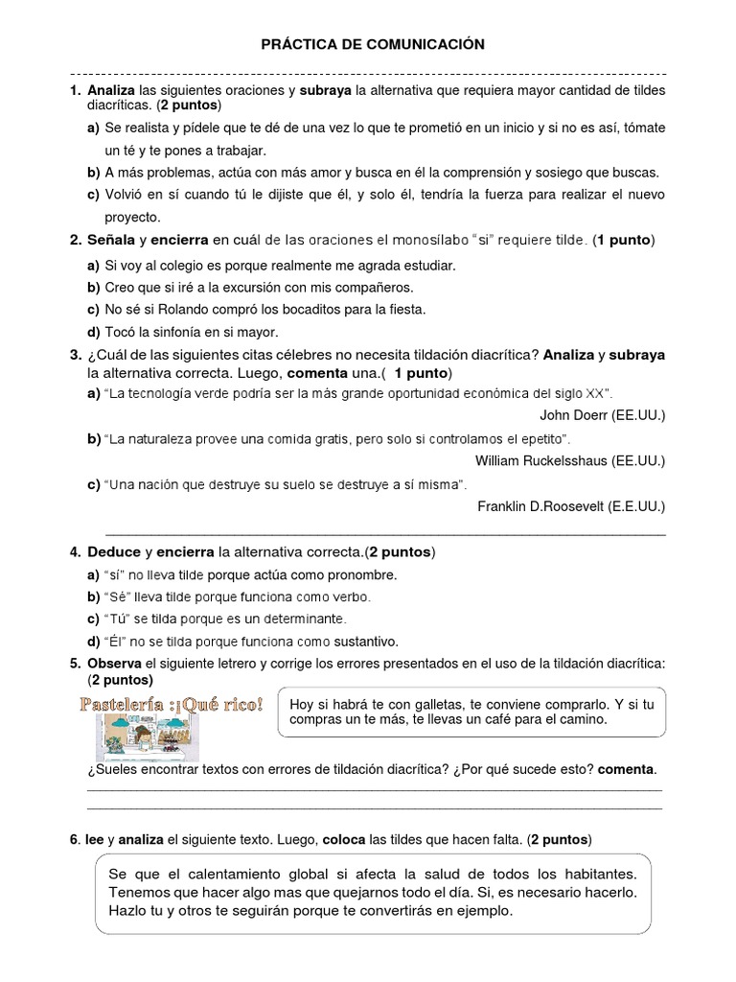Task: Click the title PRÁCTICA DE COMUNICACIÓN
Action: (368, 44)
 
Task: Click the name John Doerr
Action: (575, 414)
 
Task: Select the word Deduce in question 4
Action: (113, 552)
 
